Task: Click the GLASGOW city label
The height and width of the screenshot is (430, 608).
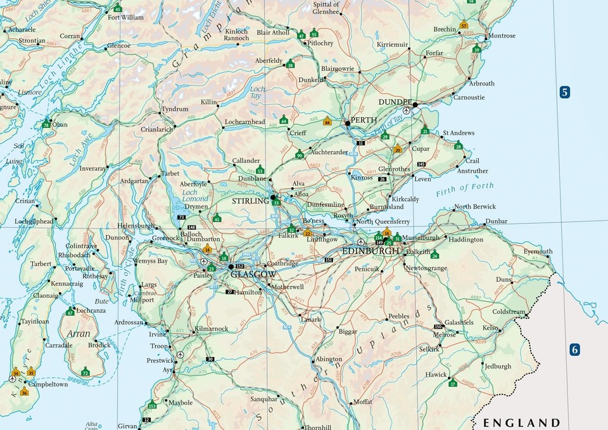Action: click(x=254, y=275)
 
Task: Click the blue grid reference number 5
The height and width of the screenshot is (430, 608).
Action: click(x=564, y=92)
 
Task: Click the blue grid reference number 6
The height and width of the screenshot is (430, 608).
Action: click(x=574, y=349)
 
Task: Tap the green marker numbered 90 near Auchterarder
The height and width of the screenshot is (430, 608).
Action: click(x=300, y=154)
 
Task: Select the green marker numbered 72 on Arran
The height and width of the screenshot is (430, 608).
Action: click(x=85, y=371)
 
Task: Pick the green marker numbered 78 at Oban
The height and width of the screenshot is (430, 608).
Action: click(x=46, y=124)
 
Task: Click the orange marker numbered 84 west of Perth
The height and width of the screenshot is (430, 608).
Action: click(x=327, y=121)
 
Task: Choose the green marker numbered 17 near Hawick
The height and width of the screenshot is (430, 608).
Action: click(x=452, y=382)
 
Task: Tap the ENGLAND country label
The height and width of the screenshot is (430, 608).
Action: click(x=521, y=422)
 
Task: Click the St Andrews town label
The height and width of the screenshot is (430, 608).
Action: click(x=459, y=133)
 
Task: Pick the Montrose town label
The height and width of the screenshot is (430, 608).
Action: click(x=502, y=36)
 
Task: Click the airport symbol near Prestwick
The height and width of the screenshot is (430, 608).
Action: click(x=180, y=355)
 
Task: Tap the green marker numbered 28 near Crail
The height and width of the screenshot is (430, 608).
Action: click(x=459, y=146)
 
